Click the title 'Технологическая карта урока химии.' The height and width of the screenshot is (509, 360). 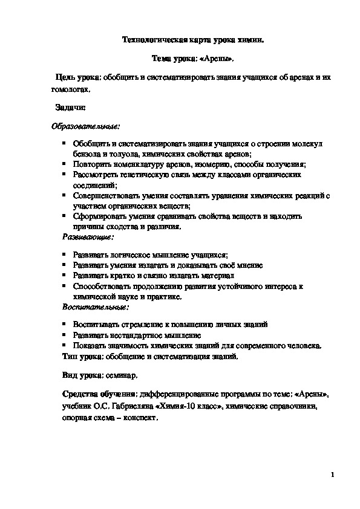[193, 40]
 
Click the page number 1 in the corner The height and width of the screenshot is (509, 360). [333, 475]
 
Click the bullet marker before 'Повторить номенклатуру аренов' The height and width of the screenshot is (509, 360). [64, 164]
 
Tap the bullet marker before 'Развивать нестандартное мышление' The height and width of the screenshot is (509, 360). [64, 334]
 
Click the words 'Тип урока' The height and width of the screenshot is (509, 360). [79, 356]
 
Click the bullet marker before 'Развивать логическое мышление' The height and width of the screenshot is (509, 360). [64, 256]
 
